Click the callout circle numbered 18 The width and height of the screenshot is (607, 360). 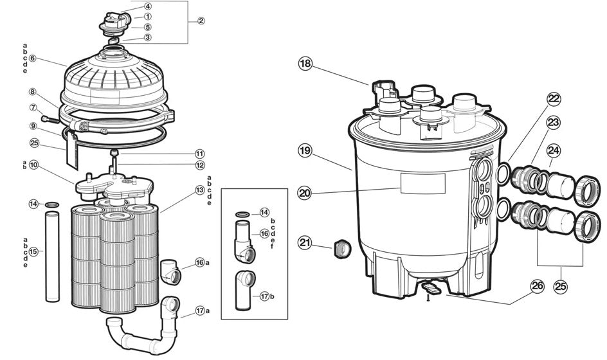pos(305,64)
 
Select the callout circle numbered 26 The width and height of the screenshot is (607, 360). pos(538,285)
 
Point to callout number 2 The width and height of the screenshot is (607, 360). pos(201,21)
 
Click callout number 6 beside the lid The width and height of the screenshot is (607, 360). pos(32,59)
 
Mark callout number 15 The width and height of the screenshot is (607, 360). pos(34,251)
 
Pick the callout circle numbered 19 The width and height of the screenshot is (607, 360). pos(305,151)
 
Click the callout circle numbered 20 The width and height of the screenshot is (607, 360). pos(305,192)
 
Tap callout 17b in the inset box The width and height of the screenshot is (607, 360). pos(264,296)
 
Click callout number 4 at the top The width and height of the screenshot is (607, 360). pos(147,6)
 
